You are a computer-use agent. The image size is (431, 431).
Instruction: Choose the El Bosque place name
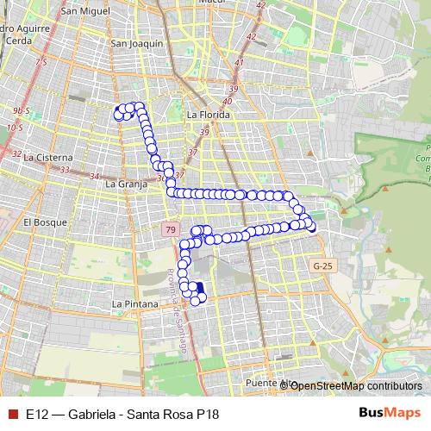coord(40,222)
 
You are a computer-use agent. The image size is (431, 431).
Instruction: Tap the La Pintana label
coord(134,304)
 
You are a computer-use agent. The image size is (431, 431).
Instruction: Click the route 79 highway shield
coord(170,229)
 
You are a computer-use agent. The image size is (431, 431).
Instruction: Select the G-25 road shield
coord(322,266)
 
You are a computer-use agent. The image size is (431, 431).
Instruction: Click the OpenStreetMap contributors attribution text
coord(356,385)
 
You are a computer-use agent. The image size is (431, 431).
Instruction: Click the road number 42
coord(251,36)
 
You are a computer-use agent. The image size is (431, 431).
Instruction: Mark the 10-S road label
coord(14,128)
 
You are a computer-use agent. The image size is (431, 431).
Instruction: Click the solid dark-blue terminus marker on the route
coord(200,289)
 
